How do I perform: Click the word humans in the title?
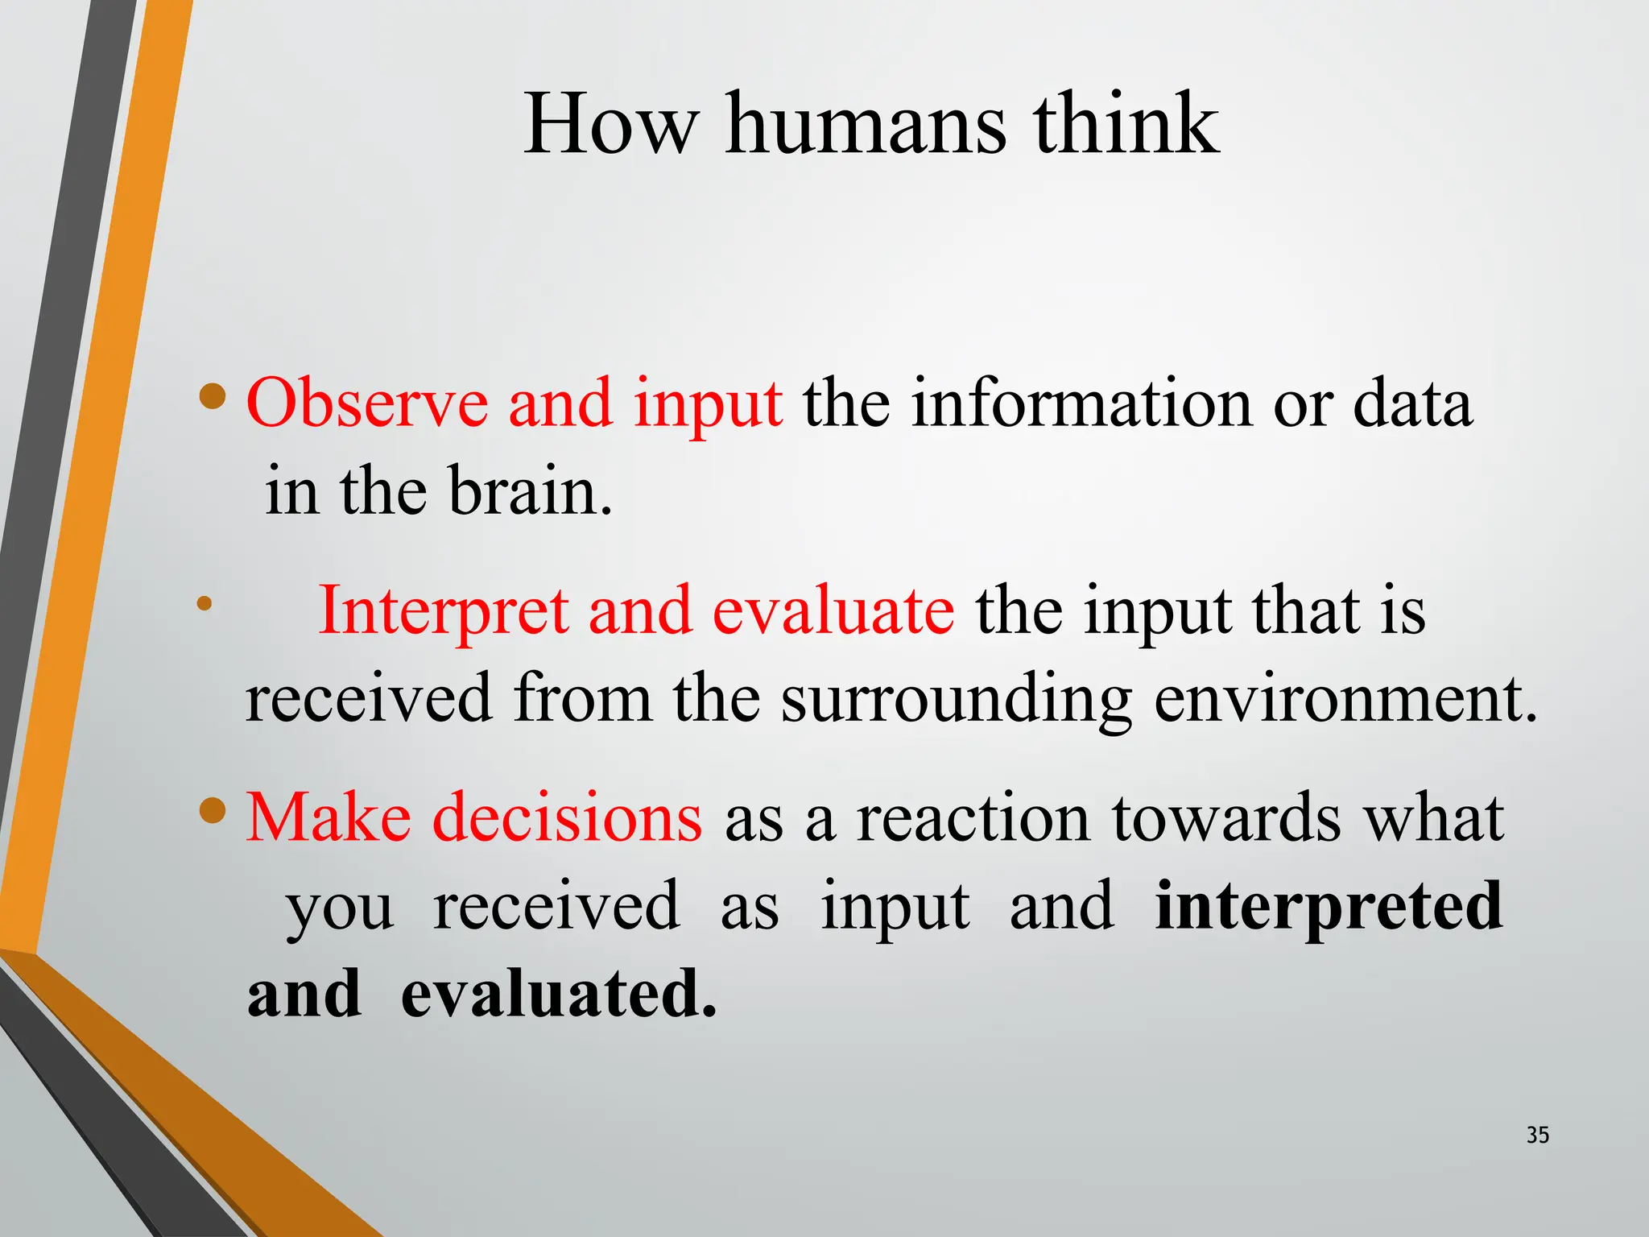(866, 125)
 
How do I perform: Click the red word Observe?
(367, 403)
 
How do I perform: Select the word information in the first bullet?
(1081, 403)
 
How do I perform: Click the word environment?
(1344, 699)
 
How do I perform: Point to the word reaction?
(973, 818)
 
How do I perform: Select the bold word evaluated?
(558, 994)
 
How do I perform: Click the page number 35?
(1537, 1135)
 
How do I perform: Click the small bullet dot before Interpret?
(205, 602)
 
